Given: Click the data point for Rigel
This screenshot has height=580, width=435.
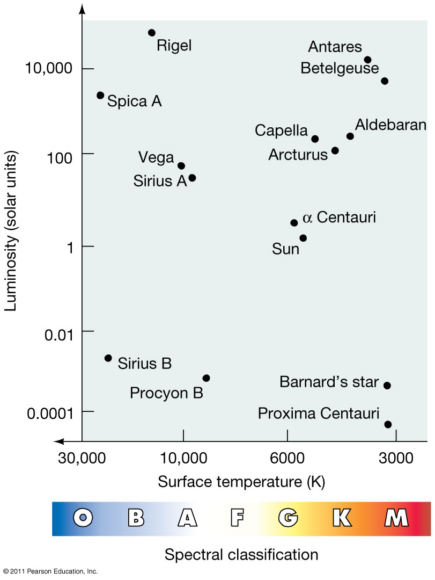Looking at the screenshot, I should coord(152,33).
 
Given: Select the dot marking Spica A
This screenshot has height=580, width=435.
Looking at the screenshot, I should coord(100,95).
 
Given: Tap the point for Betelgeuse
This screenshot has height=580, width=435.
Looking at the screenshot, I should coord(385,81).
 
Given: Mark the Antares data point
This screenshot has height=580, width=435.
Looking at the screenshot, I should coord(367,60).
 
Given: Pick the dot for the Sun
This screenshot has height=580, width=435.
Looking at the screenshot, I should coord(303,238).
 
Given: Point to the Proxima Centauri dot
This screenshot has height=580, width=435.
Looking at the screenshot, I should coord(388,424).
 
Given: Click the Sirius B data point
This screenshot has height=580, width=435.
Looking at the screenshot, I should coord(108,358).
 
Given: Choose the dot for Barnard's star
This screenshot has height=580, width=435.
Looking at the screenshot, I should coord(387,386).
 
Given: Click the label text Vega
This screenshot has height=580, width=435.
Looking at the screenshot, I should coord(156,157).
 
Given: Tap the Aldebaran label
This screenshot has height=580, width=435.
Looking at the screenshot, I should coord(390,125).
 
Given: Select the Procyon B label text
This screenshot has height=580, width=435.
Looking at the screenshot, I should coord(166,394).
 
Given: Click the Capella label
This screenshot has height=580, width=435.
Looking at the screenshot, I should coord(281,130).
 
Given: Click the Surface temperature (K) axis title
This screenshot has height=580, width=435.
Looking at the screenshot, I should coord(241,482).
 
